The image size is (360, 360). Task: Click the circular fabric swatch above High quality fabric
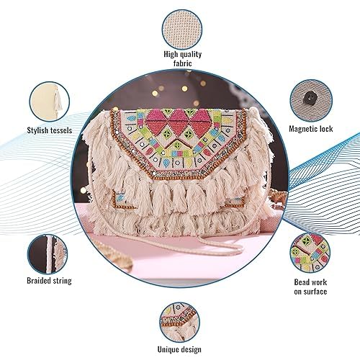point(182,30)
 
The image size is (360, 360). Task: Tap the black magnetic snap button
point(309,98)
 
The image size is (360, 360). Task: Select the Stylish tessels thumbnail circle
point(50,102)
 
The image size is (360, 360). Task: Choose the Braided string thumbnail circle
point(48,254)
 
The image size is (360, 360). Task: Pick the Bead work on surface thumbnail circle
point(310,253)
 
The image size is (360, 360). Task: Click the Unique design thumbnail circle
point(179,323)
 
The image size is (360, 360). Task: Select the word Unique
point(168,349)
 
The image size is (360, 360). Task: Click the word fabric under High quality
point(183,63)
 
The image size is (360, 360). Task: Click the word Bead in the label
point(302,282)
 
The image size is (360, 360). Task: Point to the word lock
point(326,129)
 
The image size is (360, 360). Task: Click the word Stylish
point(38,130)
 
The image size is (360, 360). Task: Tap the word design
point(191,349)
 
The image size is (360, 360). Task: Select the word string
point(62,281)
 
